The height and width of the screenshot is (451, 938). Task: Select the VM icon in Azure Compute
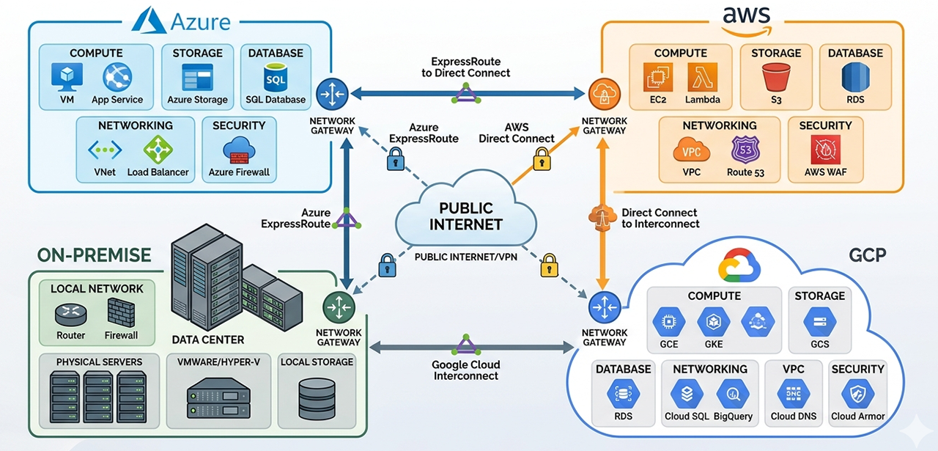pos(67,77)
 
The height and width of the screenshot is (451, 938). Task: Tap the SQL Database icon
pos(276,77)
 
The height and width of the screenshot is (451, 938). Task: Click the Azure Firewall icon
pos(239,150)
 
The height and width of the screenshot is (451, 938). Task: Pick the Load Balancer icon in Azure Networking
pos(158,150)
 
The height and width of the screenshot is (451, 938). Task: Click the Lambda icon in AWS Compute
pos(702,77)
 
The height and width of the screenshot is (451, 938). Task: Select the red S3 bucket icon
pos(776,77)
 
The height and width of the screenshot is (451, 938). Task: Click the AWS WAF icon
pos(825,150)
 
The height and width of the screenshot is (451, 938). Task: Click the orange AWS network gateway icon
pos(604,95)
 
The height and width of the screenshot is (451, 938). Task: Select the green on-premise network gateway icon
pos(339,307)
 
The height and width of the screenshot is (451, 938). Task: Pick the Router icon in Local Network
pos(70,314)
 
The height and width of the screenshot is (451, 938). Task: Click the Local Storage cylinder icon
pos(317,398)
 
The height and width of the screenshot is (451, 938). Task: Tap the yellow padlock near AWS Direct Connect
pos(542,158)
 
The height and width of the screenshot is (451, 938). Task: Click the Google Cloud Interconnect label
pos(466,370)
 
